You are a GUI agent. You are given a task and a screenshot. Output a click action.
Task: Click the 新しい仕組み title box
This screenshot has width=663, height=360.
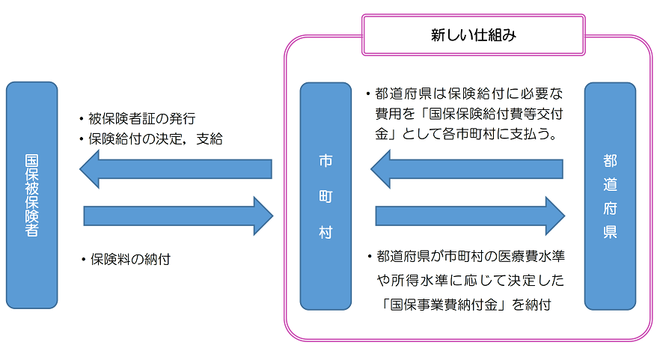(x=473, y=34)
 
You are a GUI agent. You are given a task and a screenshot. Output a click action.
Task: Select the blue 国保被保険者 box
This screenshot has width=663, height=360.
(x=31, y=195)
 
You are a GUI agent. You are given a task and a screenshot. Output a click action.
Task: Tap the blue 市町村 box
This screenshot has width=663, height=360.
(x=325, y=195)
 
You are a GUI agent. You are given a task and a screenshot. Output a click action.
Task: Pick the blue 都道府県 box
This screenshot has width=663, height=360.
(x=610, y=195)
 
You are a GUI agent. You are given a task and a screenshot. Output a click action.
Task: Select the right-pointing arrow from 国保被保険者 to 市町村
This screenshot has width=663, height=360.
(x=178, y=216)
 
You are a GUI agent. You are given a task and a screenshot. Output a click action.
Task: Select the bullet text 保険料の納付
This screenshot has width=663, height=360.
(x=130, y=260)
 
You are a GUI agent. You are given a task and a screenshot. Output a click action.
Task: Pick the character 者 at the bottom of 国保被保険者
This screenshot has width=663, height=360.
(x=31, y=230)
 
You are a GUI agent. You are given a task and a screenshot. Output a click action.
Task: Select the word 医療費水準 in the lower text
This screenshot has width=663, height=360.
(x=531, y=257)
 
